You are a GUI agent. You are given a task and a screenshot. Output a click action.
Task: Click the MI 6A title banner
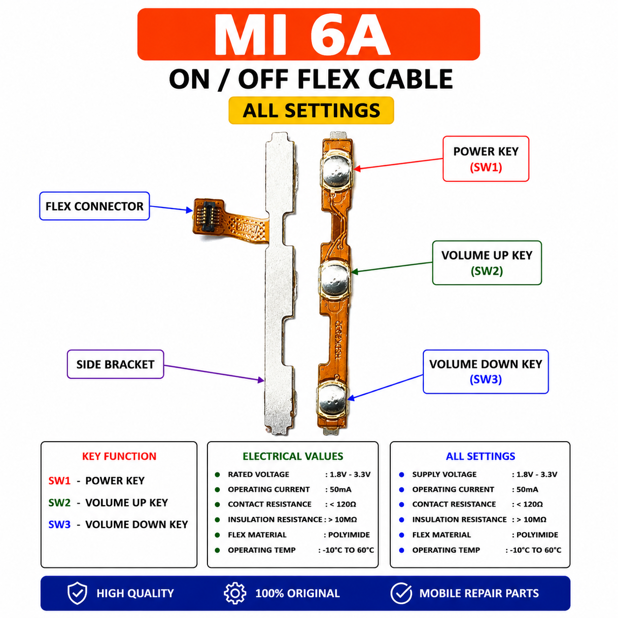tap(308, 34)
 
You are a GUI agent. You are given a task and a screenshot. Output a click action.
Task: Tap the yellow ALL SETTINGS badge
tap(311, 110)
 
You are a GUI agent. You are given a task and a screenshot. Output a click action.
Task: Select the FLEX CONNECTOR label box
tap(95, 206)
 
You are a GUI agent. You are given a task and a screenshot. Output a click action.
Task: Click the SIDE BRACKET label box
tap(115, 364)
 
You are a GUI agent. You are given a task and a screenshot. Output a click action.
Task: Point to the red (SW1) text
tap(486, 167)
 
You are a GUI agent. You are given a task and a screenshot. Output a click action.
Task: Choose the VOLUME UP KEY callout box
tap(487, 263)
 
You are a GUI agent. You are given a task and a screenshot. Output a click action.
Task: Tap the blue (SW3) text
tap(485, 379)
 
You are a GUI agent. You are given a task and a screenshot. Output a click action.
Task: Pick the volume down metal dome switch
tap(332, 400)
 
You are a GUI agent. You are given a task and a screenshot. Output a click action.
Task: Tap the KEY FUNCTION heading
tap(119, 456)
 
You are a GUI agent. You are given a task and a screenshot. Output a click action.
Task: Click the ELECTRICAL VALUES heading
tap(293, 456)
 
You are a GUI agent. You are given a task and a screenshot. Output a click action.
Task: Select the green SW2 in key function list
tap(59, 503)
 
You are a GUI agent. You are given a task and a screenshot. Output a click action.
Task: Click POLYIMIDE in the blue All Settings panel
tap(537, 535)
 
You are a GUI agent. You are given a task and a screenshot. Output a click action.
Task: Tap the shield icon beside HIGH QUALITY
tap(77, 593)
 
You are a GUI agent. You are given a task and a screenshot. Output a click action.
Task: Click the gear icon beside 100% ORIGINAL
tap(235, 593)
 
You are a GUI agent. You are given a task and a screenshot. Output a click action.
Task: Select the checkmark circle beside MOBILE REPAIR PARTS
tap(401, 593)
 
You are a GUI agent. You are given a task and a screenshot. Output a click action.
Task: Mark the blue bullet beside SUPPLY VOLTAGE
tap(401, 475)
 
